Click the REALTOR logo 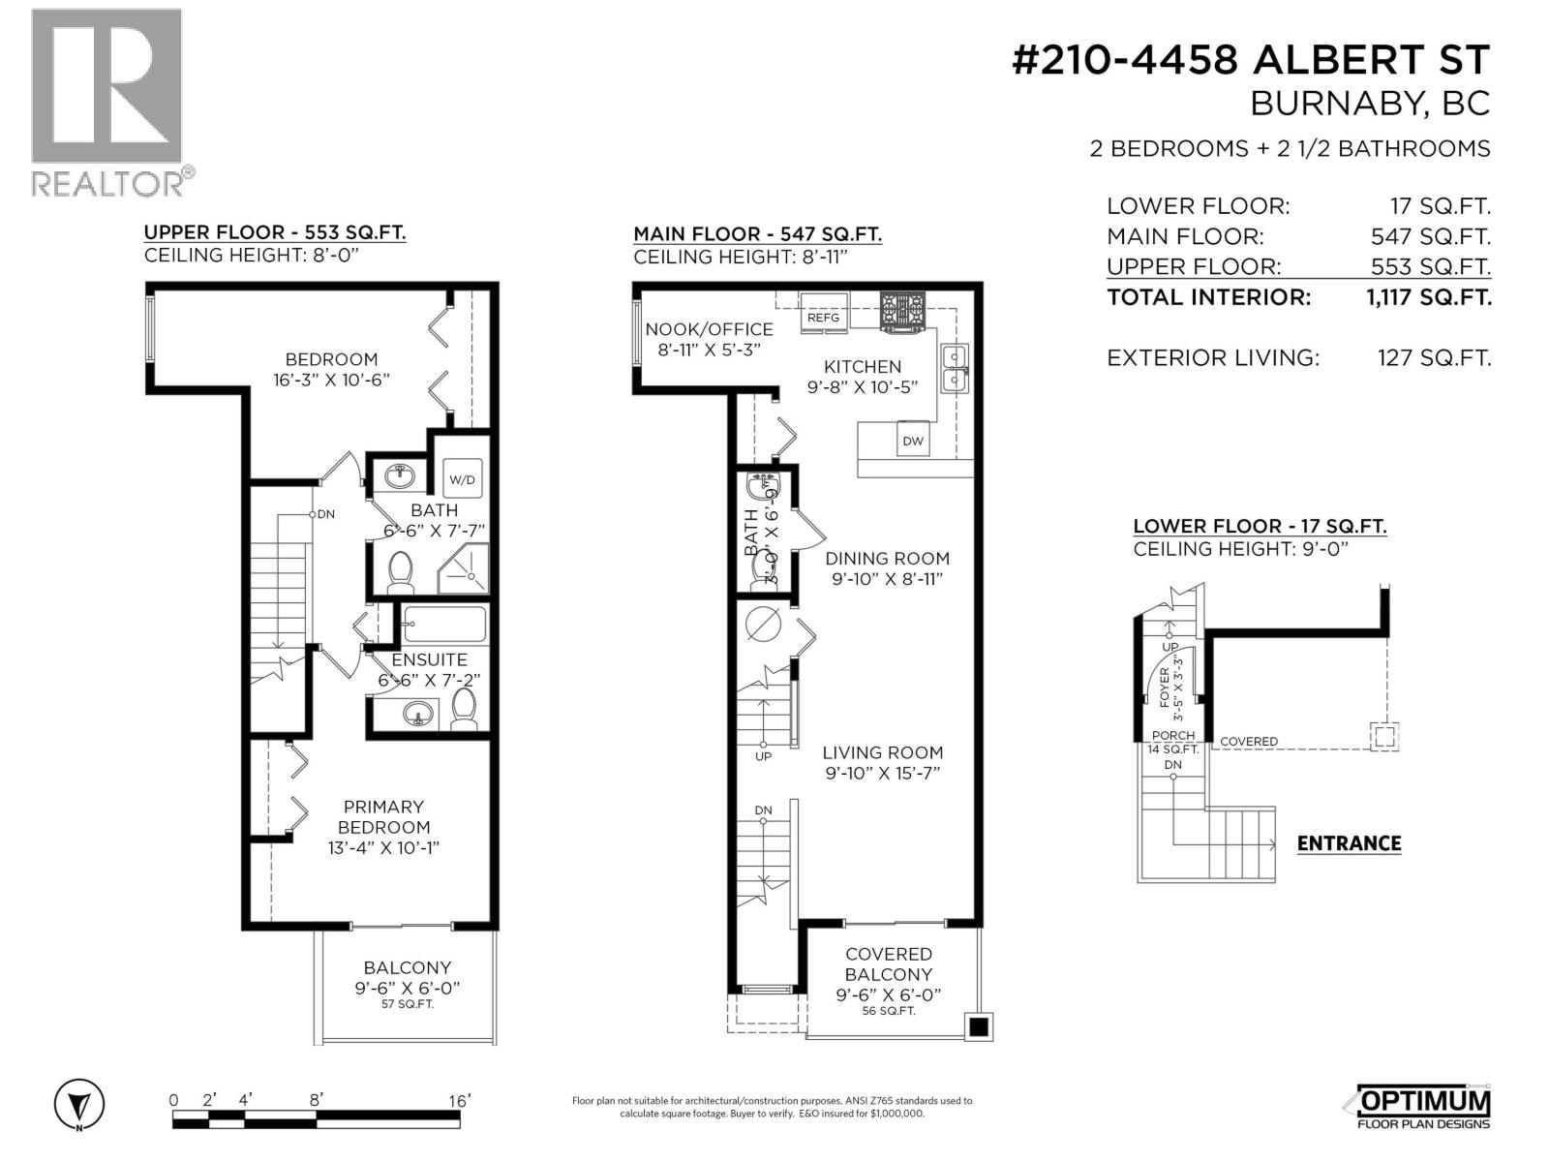[x=106, y=102]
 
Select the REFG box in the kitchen [x=824, y=318]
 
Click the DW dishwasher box [x=913, y=441]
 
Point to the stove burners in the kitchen [x=901, y=312]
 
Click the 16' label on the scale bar [x=459, y=1100]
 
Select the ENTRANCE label [x=1349, y=843]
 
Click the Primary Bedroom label [x=383, y=816]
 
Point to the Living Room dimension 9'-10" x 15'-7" [x=882, y=773]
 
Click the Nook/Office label [x=709, y=329]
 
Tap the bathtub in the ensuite [x=443, y=623]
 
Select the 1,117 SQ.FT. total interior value [x=1428, y=297]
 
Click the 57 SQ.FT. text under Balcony [x=407, y=1004]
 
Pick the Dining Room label [x=887, y=558]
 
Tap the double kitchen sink [x=955, y=368]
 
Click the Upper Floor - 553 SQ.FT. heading [x=274, y=232]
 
